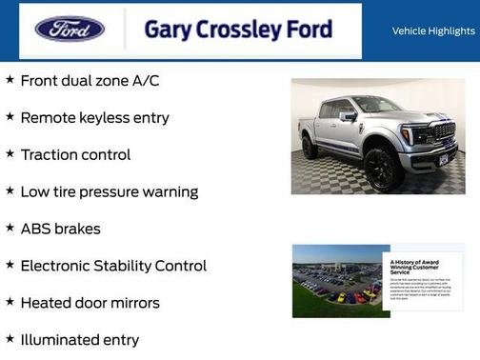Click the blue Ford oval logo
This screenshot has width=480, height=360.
click(70, 30)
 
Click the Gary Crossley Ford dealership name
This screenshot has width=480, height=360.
click(238, 30)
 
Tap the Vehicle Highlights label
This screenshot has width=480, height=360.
click(433, 31)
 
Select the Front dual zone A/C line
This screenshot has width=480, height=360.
click(90, 81)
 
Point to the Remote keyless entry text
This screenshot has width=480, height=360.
click(94, 118)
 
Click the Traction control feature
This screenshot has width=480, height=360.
click(75, 154)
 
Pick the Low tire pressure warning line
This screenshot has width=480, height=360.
click(109, 191)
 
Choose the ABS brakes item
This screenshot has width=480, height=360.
click(60, 229)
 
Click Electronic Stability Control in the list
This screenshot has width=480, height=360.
click(113, 266)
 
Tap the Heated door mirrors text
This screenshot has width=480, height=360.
click(90, 303)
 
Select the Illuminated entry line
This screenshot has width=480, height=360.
click(79, 340)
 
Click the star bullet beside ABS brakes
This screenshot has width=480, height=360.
click(10, 228)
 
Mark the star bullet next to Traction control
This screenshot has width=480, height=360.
click(10, 153)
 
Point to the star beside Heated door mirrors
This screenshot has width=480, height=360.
click(10, 302)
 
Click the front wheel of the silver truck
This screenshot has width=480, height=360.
click(383, 170)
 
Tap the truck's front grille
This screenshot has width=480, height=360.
click(443, 133)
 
